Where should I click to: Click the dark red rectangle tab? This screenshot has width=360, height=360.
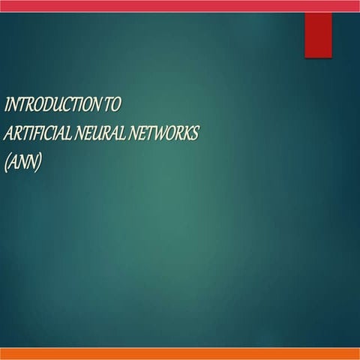(x=318, y=34)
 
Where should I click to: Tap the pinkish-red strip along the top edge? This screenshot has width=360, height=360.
(x=180, y=5)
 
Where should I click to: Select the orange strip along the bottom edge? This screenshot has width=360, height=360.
(x=180, y=353)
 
